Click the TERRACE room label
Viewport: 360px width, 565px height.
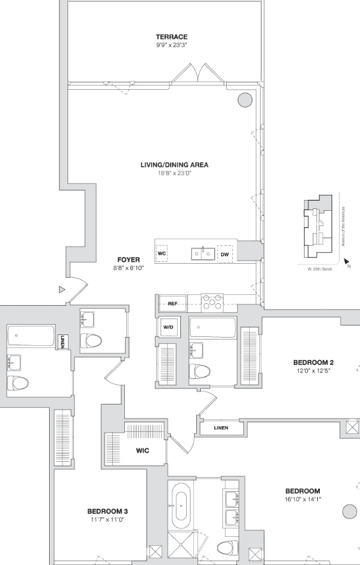pos(171,37)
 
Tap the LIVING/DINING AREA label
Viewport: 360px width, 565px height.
pos(175,165)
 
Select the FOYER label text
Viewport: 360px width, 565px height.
pos(129,260)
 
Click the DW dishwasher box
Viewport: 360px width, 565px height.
pos(225,254)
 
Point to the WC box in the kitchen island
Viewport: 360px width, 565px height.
pos(162,254)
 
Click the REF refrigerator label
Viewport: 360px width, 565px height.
pos(173,304)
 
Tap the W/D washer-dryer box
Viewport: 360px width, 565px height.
pos(168,327)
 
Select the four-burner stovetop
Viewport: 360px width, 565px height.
pos(212,302)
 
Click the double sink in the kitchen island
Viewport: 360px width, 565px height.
pos(203,254)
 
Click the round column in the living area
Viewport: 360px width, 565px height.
pos(245,99)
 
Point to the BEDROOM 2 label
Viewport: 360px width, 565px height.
pos(312,362)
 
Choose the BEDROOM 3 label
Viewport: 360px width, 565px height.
pos(108,511)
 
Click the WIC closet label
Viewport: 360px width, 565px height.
pos(142,450)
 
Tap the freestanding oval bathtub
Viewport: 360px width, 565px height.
pos(181,506)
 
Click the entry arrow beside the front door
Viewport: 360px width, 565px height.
pos(62,289)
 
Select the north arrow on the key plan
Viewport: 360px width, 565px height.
pos(347,261)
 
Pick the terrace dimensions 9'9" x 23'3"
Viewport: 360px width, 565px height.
pos(171,45)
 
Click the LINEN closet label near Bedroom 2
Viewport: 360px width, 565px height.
pos(221,428)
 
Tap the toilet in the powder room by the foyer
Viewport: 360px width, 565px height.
pos(91,340)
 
